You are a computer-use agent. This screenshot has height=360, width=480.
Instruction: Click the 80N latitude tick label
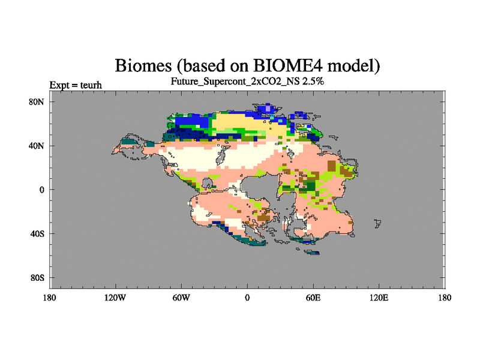[x=37, y=102]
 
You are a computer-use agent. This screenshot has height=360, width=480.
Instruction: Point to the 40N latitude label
[x=37, y=146]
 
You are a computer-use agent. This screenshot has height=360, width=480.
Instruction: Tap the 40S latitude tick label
[x=37, y=234]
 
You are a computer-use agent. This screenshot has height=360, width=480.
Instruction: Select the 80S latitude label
[x=37, y=278]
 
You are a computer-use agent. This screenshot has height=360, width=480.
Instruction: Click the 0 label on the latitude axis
[x=41, y=190]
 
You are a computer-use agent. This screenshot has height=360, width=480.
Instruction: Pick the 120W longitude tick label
[x=115, y=298]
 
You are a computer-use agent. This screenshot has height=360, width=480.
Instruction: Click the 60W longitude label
[x=181, y=298]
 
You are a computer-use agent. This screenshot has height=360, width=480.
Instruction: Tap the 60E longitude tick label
[x=313, y=298]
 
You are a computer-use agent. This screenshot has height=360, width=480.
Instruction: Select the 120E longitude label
[x=379, y=298]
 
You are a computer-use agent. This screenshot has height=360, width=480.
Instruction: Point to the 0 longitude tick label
[x=247, y=298]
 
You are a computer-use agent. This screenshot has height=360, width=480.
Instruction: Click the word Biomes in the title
[x=143, y=65]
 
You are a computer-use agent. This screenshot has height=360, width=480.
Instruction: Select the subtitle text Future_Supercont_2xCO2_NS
[x=235, y=82]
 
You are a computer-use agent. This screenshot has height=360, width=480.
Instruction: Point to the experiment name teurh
[x=91, y=85]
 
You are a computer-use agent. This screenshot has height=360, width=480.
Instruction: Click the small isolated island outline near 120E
[x=378, y=223]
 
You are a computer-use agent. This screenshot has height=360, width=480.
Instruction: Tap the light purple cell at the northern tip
[x=268, y=109]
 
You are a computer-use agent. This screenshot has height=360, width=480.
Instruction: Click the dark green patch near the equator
[x=311, y=186]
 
